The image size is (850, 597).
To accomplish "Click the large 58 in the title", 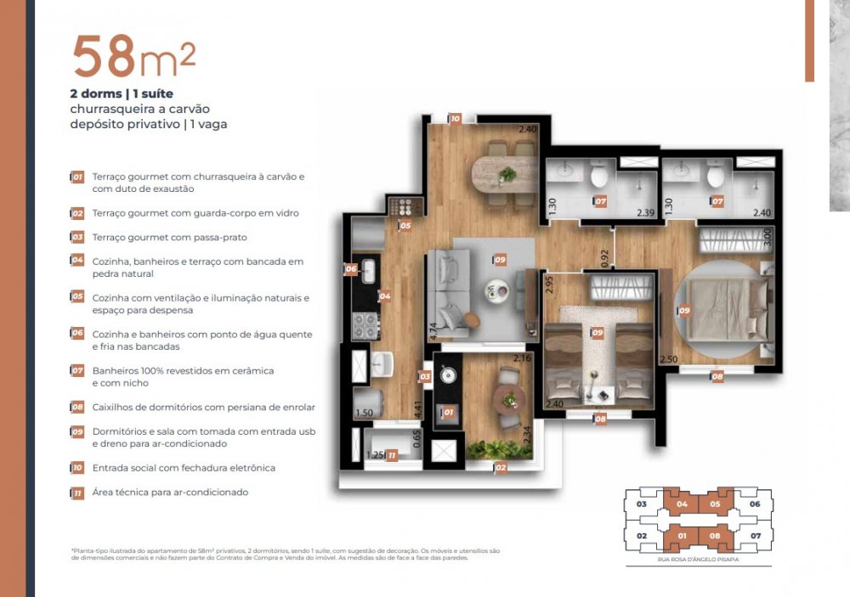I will click(105, 57).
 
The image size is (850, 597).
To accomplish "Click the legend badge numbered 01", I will click(77, 177).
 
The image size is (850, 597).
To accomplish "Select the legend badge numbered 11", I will click(77, 493).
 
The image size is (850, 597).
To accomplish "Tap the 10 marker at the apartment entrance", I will click(456, 119).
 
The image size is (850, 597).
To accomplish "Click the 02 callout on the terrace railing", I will click(501, 466).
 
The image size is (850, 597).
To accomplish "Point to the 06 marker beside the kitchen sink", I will click(351, 269).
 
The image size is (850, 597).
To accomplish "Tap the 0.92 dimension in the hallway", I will click(604, 258).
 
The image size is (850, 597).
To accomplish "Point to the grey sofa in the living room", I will click(447, 289).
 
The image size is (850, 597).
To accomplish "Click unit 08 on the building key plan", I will click(715, 536).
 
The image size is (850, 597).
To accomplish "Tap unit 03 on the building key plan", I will click(642, 504).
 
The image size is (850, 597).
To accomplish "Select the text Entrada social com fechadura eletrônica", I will click(184, 468).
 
